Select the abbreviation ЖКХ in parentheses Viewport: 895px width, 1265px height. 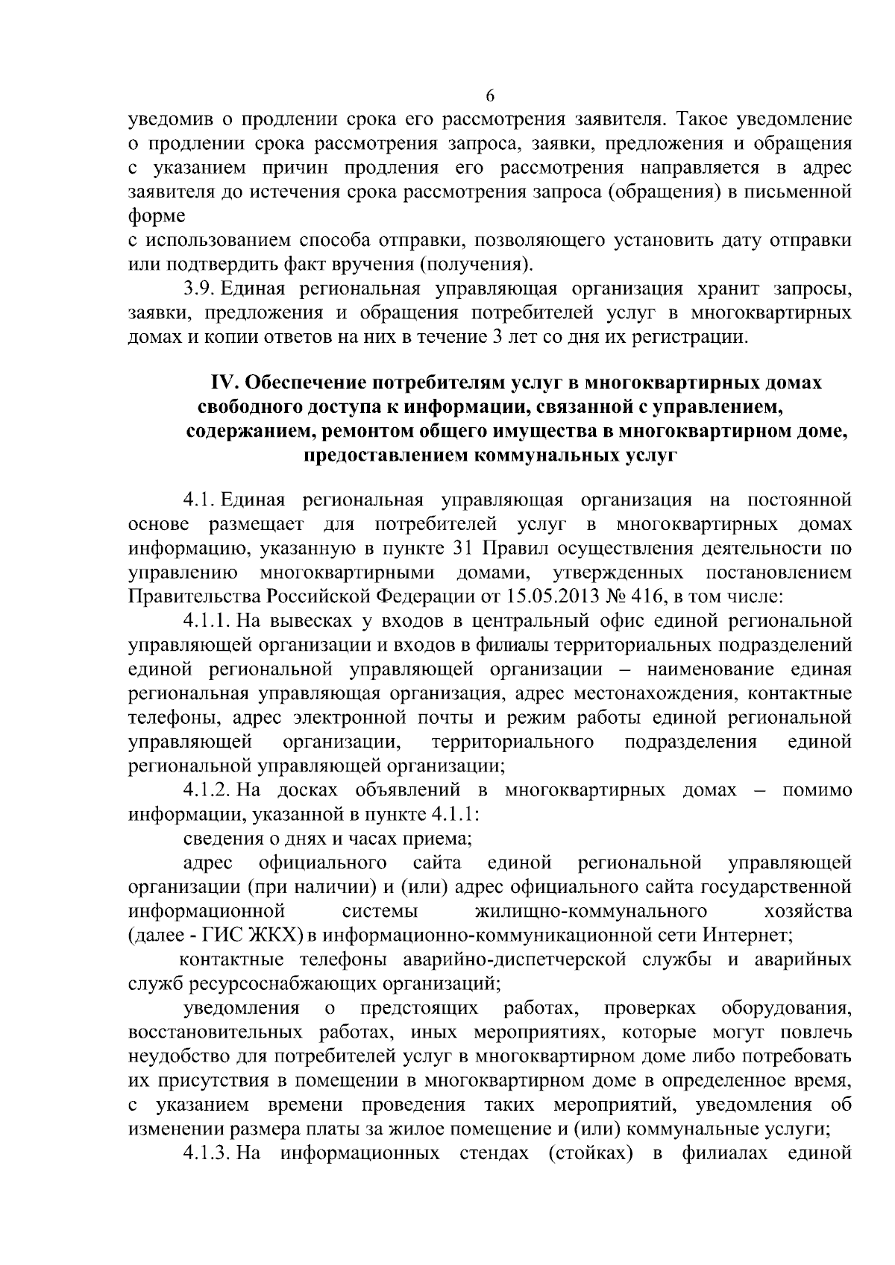[x=276, y=935]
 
